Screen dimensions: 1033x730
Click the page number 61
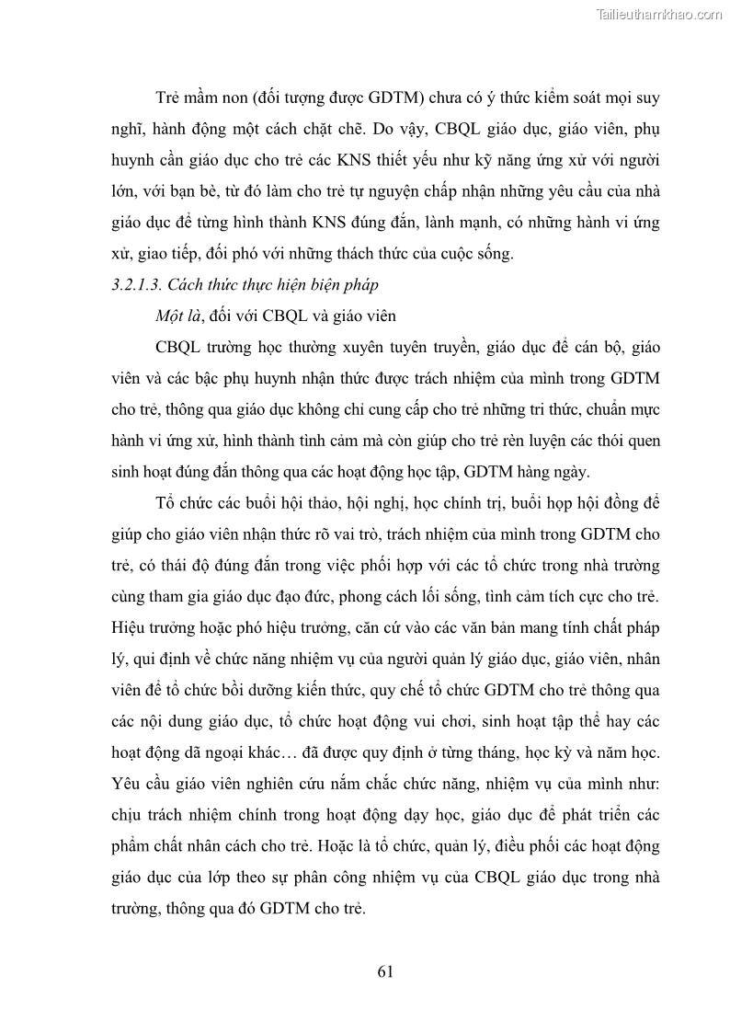point(385,971)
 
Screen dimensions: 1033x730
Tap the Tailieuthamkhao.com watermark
point(660,15)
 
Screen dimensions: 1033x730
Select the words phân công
point(319,878)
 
